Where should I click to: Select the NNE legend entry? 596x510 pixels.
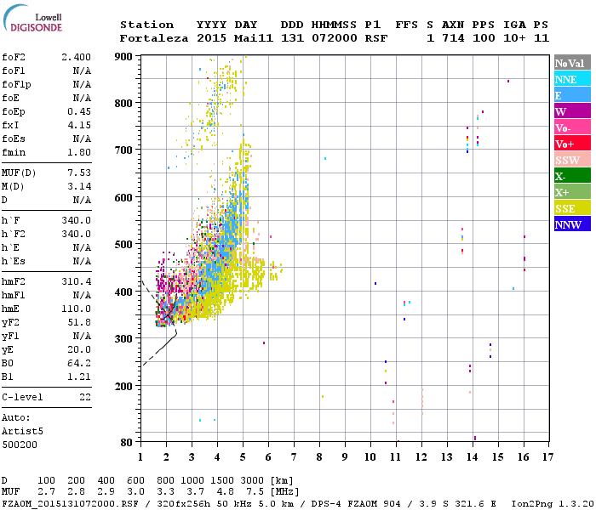click(571, 79)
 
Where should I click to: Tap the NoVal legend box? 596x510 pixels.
click(571, 63)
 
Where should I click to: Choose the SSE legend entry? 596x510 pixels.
click(571, 208)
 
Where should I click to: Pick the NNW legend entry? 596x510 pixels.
click(571, 224)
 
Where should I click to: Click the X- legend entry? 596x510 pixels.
click(571, 176)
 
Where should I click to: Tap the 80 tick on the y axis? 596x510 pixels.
click(128, 442)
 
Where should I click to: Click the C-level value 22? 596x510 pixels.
click(85, 397)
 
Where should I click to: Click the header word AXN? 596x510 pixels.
click(453, 25)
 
